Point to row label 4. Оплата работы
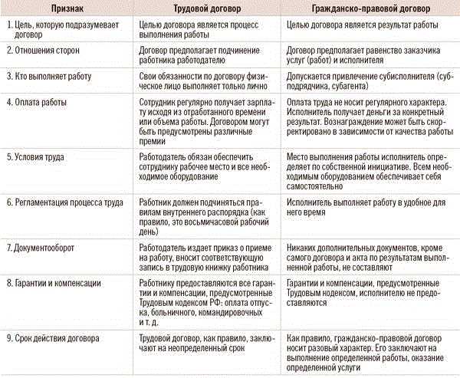tap(40, 102)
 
